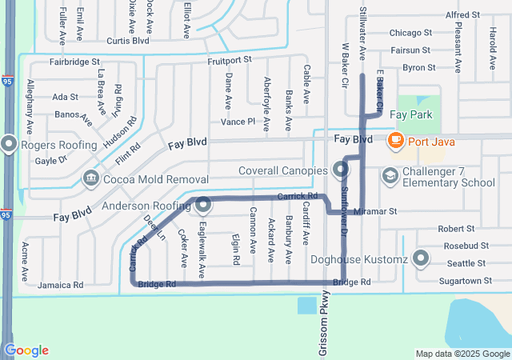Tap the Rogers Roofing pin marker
point(10,144)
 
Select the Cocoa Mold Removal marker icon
point(90,177)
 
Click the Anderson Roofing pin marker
point(203,205)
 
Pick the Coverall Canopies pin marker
point(341,170)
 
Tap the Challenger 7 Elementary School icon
point(390,175)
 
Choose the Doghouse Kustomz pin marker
point(422,259)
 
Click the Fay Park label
point(410,115)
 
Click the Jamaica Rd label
point(61,285)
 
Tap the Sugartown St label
point(466,281)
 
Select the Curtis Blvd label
point(128,41)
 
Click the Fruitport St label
point(229,59)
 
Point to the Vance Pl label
point(238,122)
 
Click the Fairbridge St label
point(74,61)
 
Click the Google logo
point(26,350)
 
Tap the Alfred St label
point(462,15)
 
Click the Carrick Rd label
point(298,197)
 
